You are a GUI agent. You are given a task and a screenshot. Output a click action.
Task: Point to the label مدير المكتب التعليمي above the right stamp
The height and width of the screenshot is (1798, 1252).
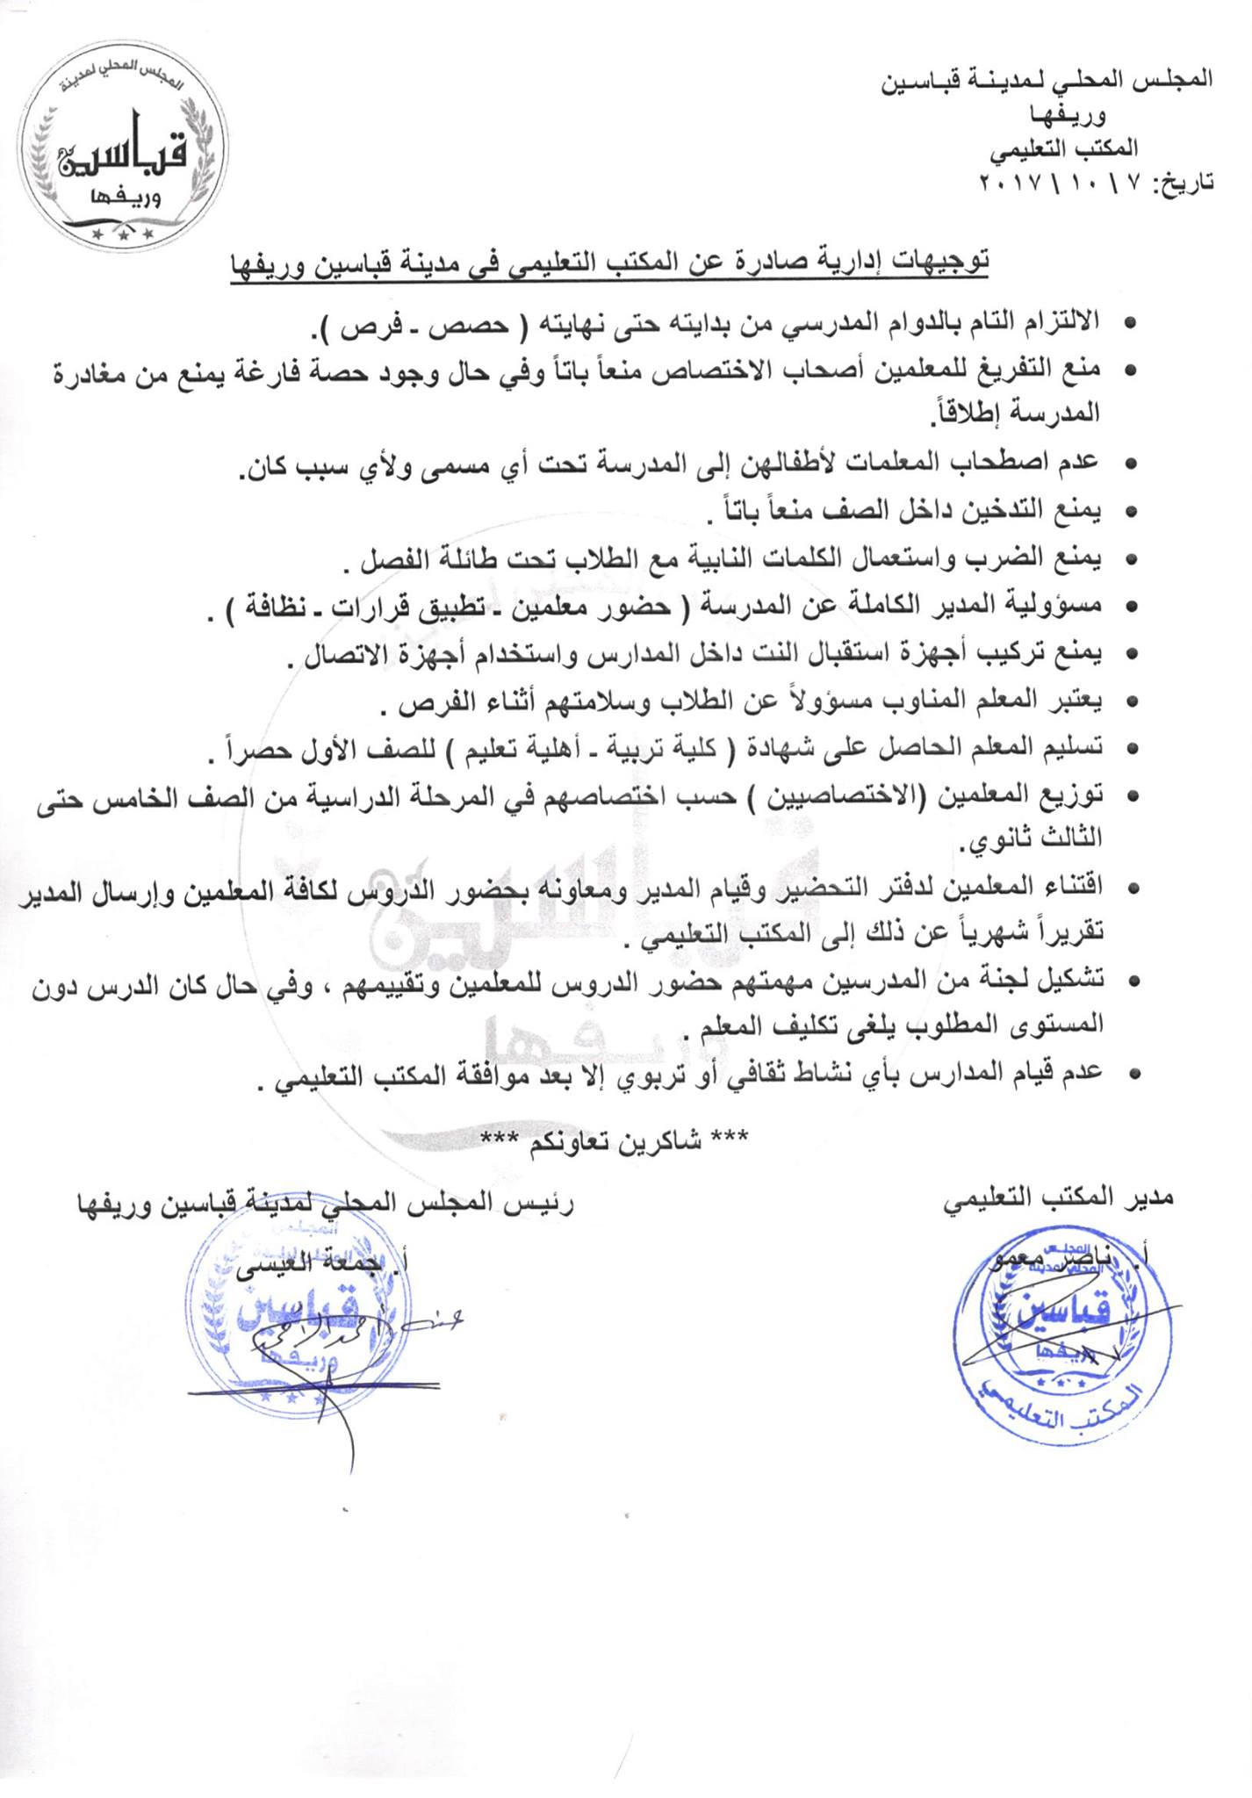pyautogui.click(x=1059, y=1197)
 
